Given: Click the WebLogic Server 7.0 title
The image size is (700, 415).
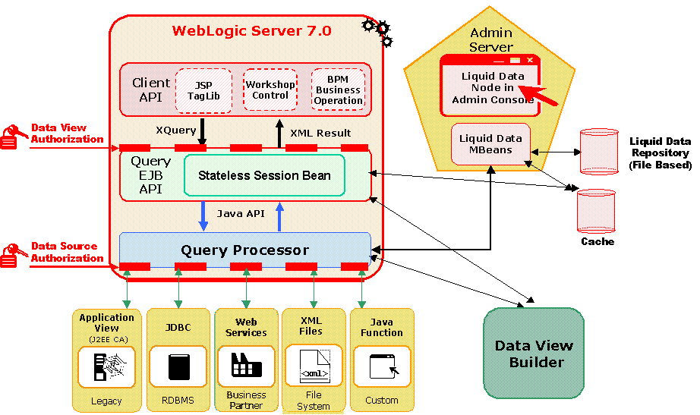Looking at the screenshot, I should (251, 31).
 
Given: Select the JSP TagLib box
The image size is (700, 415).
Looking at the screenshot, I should (203, 90).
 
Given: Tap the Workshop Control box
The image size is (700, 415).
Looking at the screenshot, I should (270, 90).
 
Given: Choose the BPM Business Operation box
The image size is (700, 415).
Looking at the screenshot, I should (338, 90).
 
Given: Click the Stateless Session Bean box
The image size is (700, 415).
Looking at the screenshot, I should (264, 175).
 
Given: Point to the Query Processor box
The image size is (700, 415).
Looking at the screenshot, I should (244, 250).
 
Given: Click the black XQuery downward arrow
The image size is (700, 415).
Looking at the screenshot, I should (202, 130).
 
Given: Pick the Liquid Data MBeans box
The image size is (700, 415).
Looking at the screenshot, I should (490, 144).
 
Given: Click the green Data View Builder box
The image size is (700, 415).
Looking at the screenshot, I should (534, 354).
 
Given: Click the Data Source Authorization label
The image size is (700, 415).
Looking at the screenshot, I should (67, 252).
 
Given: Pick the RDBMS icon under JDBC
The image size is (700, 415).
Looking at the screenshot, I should (178, 366).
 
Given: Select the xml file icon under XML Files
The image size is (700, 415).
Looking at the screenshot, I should (314, 366).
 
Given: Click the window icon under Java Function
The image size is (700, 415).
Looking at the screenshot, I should (381, 367).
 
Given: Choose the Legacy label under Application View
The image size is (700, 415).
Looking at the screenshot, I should (106, 401).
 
